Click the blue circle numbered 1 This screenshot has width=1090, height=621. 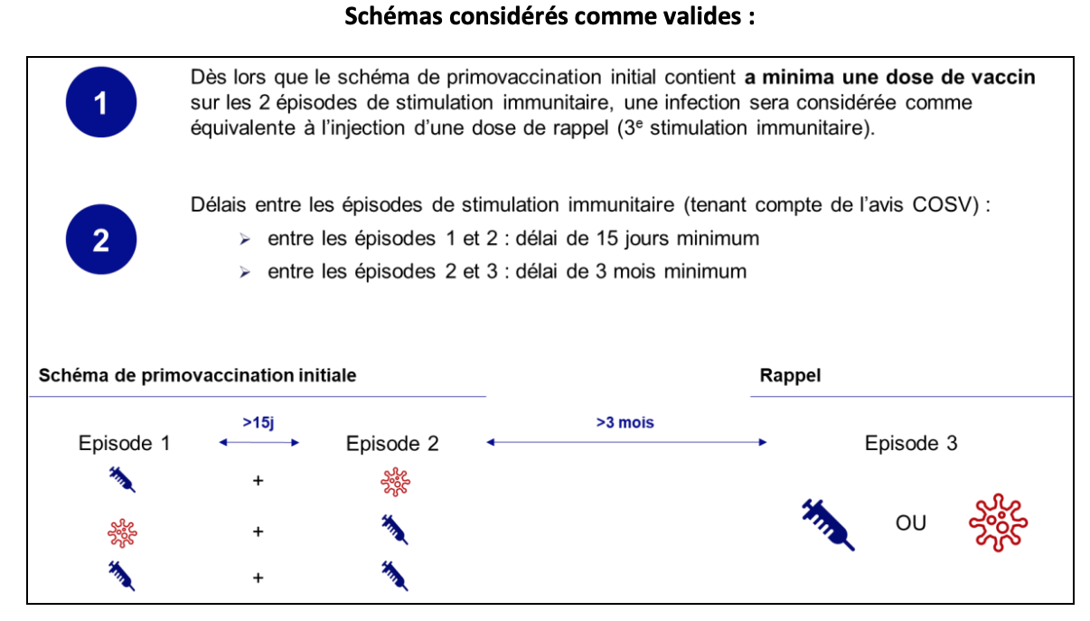tap(100, 103)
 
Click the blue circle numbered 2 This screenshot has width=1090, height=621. tap(100, 240)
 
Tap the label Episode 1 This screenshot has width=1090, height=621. tap(124, 444)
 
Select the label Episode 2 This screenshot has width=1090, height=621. tap(392, 444)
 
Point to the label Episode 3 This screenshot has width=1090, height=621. tap(911, 444)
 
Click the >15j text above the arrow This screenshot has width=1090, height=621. tap(259, 422)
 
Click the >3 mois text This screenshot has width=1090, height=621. tap(625, 422)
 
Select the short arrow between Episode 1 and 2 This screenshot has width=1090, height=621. tap(259, 442)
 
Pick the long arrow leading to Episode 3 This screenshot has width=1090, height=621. tap(626, 442)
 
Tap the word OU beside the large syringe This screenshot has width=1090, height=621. tap(911, 522)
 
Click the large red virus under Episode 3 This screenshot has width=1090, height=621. tap(998, 522)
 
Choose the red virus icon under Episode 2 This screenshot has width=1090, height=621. tap(395, 483)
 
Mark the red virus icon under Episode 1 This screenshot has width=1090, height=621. tap(122, 532)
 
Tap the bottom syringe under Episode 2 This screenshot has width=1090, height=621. tap(395, 575)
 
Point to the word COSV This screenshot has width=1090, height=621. tap(947, 204)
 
